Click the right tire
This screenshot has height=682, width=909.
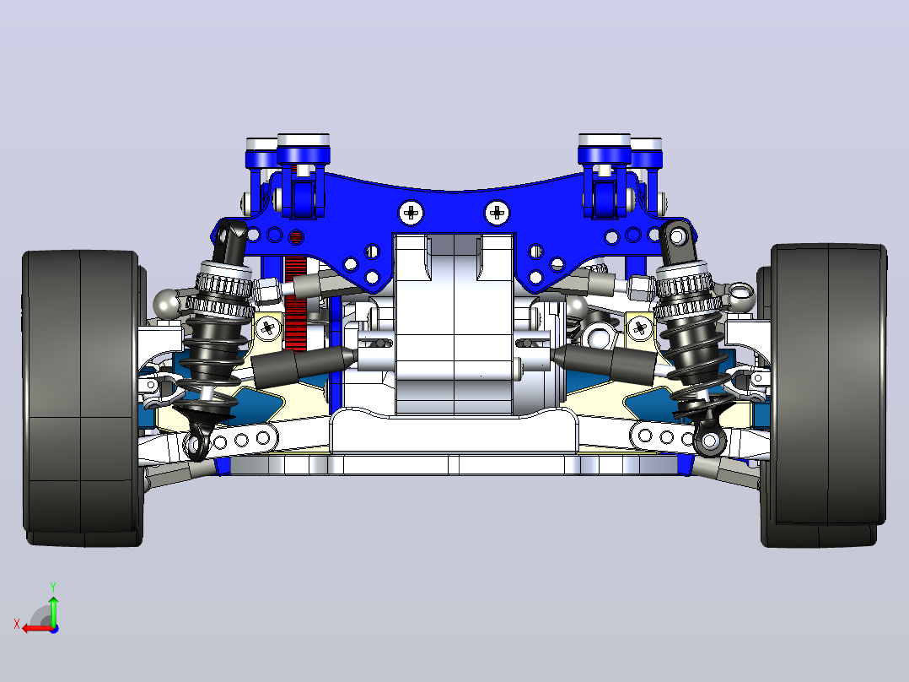click(825, 395)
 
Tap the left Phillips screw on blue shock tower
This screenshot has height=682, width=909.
click(411, 213)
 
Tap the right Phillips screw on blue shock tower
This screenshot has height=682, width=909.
click(496, 213)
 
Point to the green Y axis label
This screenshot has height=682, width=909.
click(53, 587)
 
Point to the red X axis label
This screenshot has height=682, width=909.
click(17, 624)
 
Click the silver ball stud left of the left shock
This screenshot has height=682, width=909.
click(166, 302)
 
